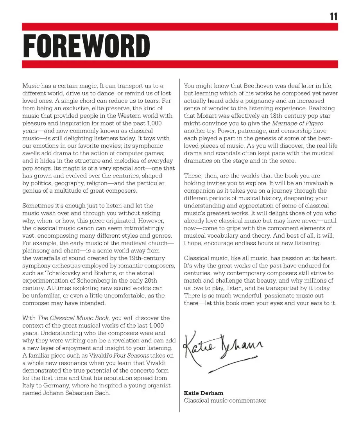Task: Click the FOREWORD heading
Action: pyautogui.click(x=86, y=46)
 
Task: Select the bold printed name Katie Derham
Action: pyautogui.click(x=203, y=393)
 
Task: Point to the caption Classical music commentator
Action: pyautogui.click(x=225, y=400)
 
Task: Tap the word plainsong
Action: pyautogui.click(x=36, y=251)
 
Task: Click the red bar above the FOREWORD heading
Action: pyautogui.click(x=180, y=27)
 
